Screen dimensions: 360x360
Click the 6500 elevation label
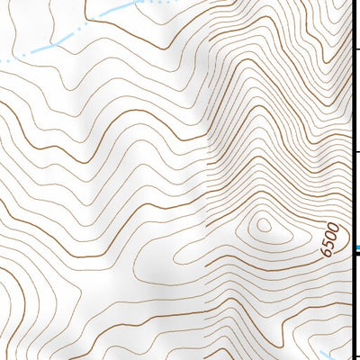point(330,238)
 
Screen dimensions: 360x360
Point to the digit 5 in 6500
point(328,243)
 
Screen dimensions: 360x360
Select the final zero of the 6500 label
point(334,227)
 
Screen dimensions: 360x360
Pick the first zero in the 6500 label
point(331,235)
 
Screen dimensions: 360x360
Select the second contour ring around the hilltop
point(265,228)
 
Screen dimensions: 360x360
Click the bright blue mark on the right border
point(357,247)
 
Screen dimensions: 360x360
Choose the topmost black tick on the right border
point(357,48)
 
